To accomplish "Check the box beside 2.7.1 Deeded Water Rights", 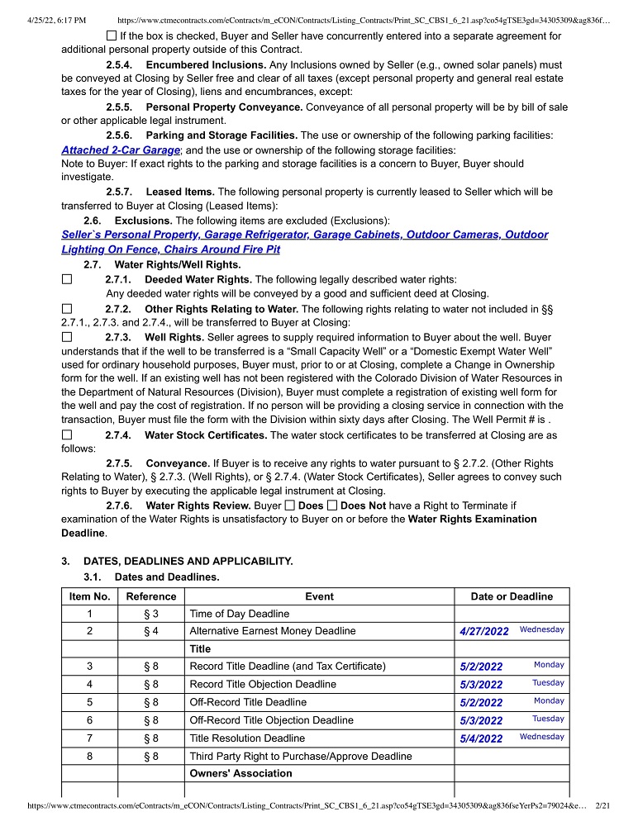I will (67, 280).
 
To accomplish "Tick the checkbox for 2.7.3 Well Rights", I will (67, 337).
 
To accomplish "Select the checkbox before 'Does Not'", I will (332, 505).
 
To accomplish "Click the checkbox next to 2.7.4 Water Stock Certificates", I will (67, 434).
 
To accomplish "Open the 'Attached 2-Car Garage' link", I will (121, 150).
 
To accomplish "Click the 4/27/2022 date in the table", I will (484, 631).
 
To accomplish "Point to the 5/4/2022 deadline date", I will (481, 738).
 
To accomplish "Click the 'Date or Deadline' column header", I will (512, 596).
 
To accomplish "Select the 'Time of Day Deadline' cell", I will (240, 614).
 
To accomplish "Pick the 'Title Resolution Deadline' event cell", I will (247, 738).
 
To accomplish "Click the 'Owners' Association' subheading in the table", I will (240, 774).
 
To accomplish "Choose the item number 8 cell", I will (89, 756).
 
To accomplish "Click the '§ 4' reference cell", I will (150, 631).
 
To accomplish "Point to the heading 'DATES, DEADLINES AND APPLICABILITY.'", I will (188, 561).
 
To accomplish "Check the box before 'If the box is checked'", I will (112, 36).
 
